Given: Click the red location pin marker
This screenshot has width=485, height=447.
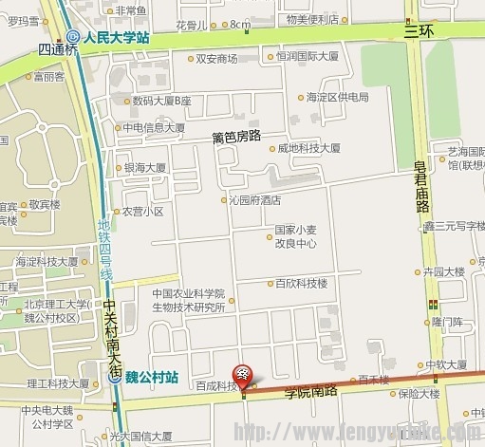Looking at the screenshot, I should coord(243,377).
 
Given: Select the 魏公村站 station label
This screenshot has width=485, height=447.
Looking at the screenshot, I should coord(152,376).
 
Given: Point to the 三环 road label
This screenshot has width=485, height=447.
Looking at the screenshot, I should coord(418,30).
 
